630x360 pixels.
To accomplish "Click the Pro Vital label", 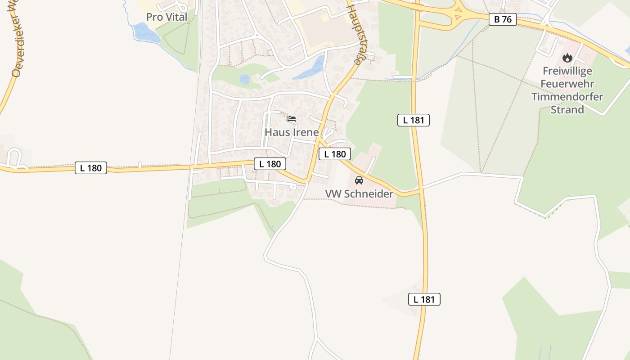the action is pos(166,17).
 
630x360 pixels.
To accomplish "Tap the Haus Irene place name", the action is pos(292,132).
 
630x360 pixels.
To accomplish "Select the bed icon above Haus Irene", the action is pos(292,119).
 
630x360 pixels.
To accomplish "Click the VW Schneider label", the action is pos(359,194).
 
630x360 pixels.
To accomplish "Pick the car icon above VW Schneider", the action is pos(359,180).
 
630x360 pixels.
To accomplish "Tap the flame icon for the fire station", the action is pos(567,58).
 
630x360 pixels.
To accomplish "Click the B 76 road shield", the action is pos(502,19).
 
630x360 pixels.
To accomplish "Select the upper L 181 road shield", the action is pos(413,120).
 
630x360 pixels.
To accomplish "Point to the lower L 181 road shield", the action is pos(424,299).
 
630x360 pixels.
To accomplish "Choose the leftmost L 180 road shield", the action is pos(91,168).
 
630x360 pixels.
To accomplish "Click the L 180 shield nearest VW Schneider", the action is pos(335,154).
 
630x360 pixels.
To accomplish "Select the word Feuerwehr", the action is pos(567,84).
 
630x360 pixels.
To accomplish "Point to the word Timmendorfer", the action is pos(567,97).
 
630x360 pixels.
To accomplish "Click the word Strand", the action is pos(567,110).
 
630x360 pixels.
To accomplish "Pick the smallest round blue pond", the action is pos(244,80).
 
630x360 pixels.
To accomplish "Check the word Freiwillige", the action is pos(567,71).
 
